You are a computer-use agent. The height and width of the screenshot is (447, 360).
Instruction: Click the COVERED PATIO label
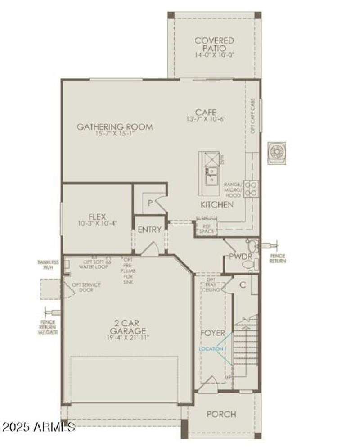(x=214, y=44)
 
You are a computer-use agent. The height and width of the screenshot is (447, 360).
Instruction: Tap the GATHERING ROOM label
(x=114, y=127)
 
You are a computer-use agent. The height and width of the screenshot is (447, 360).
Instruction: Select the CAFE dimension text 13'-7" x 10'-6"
(x=206, y=119)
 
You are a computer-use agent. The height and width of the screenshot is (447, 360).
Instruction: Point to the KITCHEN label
(x=217, y=205)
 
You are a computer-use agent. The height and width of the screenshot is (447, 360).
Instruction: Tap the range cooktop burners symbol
(x=253, y=188)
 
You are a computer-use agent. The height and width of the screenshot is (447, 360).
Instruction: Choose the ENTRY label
(x=149, y=230)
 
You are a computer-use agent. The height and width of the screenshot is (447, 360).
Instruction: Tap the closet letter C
(x=243, y=284)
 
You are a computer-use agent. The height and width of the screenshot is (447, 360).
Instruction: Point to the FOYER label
(x=213, y=333)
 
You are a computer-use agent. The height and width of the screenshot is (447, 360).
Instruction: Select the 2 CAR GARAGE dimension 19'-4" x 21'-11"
(x=128, y=337)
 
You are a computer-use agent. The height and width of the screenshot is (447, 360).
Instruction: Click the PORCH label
(x=221, y=414)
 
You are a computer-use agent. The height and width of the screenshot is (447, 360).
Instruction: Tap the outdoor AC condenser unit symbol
(x=276, y=152)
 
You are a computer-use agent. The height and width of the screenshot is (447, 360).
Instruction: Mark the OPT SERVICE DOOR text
(x=84, y=287)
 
